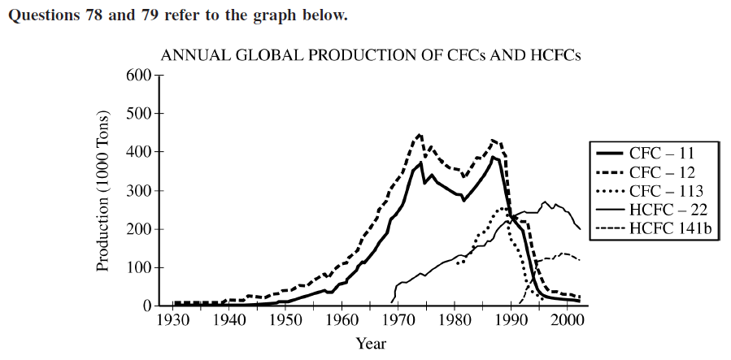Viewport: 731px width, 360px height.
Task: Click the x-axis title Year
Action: click(x=371, y=343)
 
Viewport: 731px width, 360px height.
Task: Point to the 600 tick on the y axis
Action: click(x=141, y=76)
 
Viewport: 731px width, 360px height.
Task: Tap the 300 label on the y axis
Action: click(x=141, y=191)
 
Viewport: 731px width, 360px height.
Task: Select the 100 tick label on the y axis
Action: click(x=141, y=268)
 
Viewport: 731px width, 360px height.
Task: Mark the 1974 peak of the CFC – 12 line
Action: click(x=420, y=134)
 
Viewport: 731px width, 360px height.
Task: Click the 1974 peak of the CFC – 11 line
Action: click(x=420, y=163)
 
